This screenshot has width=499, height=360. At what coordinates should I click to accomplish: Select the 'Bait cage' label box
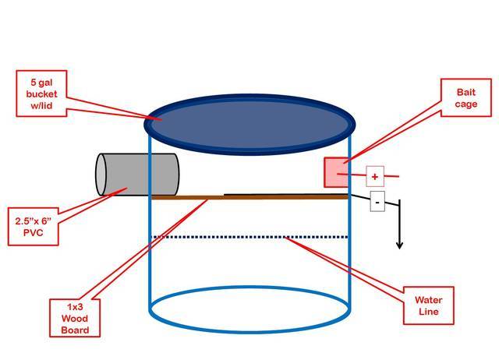point(465,98)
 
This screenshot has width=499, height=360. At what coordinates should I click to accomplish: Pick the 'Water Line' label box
point(427,304)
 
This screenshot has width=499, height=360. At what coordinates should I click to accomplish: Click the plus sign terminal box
point(374,176)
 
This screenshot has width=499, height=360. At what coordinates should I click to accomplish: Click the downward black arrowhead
point(400,245)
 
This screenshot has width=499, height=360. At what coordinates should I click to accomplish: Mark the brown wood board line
point(249,197)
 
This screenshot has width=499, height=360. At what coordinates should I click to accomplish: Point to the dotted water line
point(249,237)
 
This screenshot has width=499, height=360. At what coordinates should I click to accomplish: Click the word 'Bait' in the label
point(465,92)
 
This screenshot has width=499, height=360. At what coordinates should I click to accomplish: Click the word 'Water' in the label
point(427,298)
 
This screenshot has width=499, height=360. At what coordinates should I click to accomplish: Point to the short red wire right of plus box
point(393,176)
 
